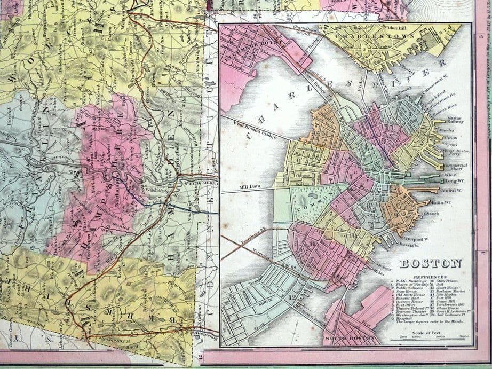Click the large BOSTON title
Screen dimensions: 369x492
click(x=430, y=263)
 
